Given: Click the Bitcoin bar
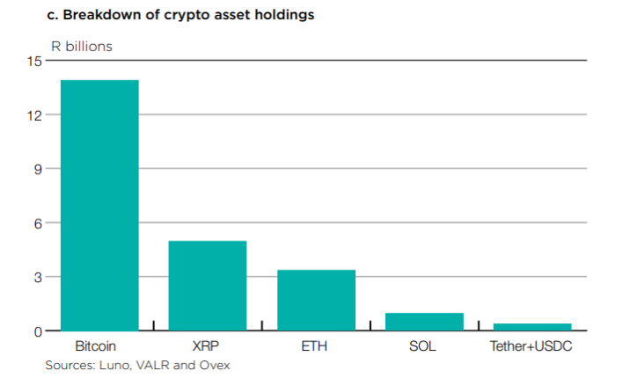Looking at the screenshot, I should [99, 205].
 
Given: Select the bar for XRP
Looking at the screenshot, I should [207, 286].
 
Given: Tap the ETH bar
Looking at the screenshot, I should [316, 300].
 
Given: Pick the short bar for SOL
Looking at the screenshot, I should [424, 322].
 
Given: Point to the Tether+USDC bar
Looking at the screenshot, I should [531, 327].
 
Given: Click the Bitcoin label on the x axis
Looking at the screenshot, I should [97, 346].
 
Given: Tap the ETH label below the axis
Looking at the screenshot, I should [314, 346].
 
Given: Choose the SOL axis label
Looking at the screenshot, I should [422, 346].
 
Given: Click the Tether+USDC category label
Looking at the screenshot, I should [531, 346].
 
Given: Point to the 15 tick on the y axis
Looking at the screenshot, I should [34, 61].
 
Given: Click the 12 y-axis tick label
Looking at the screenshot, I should [34, 115].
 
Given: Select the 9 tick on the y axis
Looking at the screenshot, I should [38, 169].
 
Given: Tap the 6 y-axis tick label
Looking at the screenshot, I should [38, 223].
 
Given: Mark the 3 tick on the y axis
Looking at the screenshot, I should [38, 277].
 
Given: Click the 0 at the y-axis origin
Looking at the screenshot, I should [38, 331].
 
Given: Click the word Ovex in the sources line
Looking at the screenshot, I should [214, 364].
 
